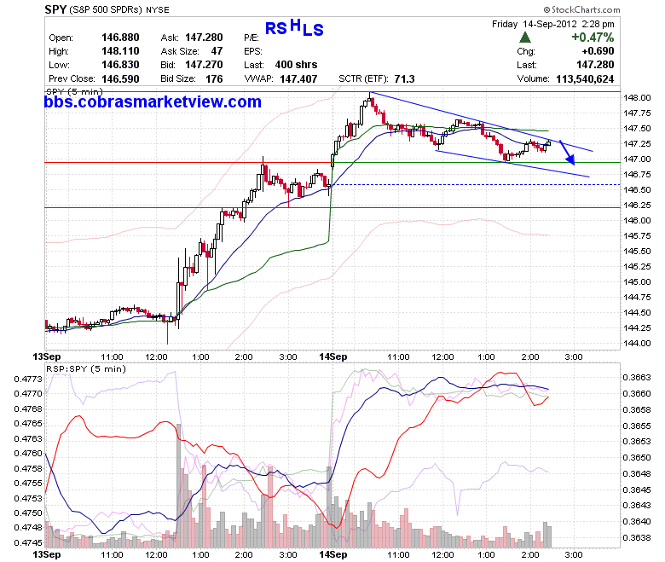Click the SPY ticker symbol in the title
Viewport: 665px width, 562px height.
coord(55,9)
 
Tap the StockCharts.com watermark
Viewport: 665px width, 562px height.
coord(581,9)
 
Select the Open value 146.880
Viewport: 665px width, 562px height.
coord(120,38)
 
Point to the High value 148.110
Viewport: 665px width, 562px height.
coord(120,51)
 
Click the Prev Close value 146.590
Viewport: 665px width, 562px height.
coord(120,79)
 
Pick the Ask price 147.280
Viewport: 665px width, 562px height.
coord(204,38)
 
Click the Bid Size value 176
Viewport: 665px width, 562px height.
coord(214,79)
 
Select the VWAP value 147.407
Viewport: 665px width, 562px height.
coord(298,79)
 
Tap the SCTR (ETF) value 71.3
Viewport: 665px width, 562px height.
coord(404,79)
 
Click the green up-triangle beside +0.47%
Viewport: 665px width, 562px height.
coord(525,38)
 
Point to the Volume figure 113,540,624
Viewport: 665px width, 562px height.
coord(585,79)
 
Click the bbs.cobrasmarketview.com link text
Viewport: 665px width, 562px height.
coord(153,101)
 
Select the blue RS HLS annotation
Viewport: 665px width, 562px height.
coord(294,28)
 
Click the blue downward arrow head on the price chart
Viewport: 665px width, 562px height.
coord(571,160)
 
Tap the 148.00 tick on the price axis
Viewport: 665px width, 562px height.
coord(637,97)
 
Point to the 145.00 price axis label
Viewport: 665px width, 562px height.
coord(637,281)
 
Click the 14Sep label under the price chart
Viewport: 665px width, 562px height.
coord(332,356)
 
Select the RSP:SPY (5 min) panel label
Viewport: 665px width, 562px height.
coord(86,369)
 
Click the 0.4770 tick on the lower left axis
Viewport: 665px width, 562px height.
coord(28,394)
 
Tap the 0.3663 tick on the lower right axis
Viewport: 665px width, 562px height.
coord(637,378)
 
